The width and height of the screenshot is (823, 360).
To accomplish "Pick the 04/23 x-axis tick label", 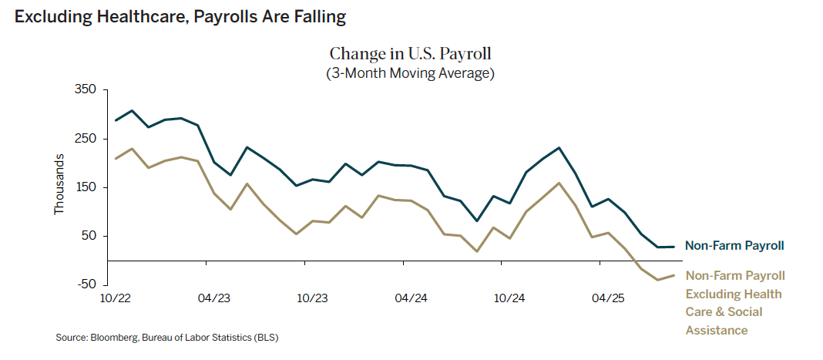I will pyautogui.click(x=214, y=298).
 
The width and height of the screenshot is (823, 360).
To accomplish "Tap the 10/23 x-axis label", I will pyautogui.click(x=312, y=298).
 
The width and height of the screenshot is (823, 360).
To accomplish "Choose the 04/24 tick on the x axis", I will pyautogui.click(x=411, y=298).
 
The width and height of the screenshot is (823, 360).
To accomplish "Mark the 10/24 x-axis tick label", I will pyautogui.click(x=509, y=298).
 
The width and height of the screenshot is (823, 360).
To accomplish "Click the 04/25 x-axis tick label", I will pyautogui.click(x=607, y=298).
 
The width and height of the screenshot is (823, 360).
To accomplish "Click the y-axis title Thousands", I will pyautogui.click(x=59, y=184).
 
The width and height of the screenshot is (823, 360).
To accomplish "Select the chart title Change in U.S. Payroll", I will pyautogui.click(x=411, y=54).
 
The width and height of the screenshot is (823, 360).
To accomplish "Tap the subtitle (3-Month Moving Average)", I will pyautogui.click(x=411, y=74).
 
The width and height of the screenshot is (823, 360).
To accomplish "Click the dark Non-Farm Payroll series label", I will pyautogui.click(x=734, y=246).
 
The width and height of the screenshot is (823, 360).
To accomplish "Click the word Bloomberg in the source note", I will pyautogui.click(x=114, y=338).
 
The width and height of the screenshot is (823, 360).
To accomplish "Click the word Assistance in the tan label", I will pyautogui.click(x=717, y=330).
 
